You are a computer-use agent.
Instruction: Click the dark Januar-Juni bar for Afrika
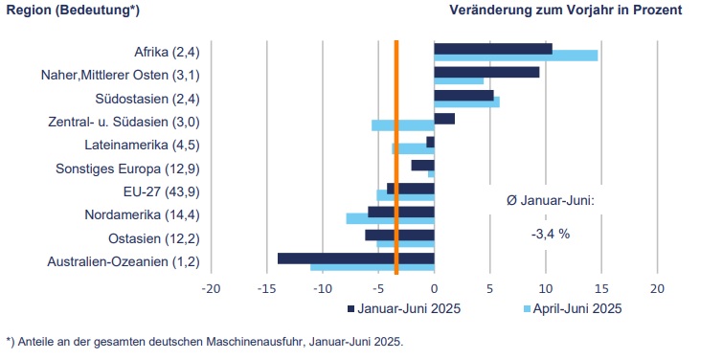click(x=492, y=48)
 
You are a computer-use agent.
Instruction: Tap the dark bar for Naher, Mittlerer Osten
click(x=486, y=72)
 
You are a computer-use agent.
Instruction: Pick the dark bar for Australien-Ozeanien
click(x=355, y=258)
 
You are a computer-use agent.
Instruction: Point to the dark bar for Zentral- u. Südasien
click(x=444, y=119)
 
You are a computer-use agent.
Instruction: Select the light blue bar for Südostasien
click(x=466, y=102)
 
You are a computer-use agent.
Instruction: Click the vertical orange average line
click(x=396, y=153)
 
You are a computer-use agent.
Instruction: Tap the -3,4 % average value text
click(x=551, y=233)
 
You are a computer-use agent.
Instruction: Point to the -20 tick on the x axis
click(x=211, y=288)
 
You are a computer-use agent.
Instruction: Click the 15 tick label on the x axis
click(x=601, y=288)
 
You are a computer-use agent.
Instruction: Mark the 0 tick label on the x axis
click(x=434, y=288)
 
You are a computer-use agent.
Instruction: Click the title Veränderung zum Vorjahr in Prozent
click(x=565, y=11)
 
